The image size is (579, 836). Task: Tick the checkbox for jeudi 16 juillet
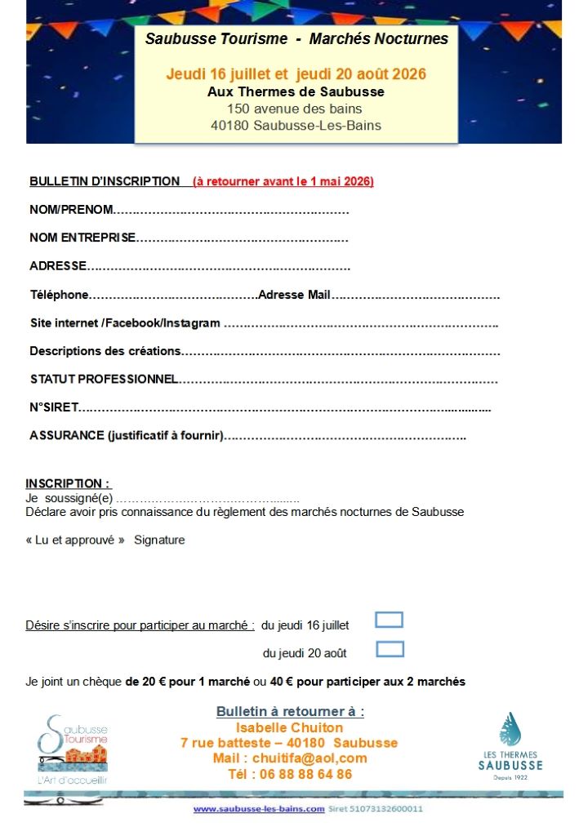[389, 620]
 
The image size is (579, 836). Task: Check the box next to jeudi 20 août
[390, 650]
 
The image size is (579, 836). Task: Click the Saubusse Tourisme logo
[73, 749]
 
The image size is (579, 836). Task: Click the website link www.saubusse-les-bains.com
[259, 809]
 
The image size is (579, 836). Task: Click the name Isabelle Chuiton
[289, 727]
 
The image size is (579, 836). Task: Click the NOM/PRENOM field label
[71, 210]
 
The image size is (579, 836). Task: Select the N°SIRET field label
[54, 407]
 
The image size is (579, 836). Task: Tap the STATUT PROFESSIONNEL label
[104, 379]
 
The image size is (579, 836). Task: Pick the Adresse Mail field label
[294, 295]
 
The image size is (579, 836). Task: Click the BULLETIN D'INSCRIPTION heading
[105, 181]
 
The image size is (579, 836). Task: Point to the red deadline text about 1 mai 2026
[283, 181]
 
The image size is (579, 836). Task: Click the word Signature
[159, 540]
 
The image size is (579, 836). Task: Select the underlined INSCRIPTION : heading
[68, 483]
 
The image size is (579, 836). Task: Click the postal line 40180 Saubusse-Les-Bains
[296, 125]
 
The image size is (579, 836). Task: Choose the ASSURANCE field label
[126, 436]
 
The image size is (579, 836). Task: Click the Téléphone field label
[59, 295]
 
